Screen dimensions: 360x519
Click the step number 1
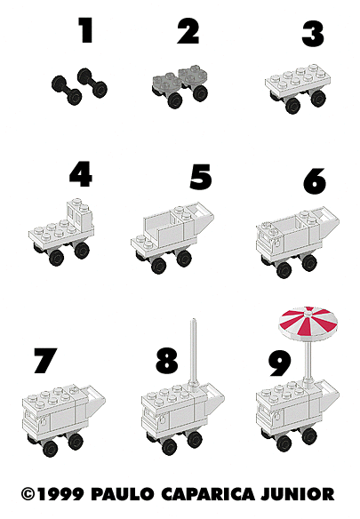(85, 30)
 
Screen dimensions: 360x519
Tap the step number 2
(188, 31)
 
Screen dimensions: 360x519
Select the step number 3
(313, 34)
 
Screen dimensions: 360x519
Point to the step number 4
(81, 174)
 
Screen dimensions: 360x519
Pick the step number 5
(201, 177)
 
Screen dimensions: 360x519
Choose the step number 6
(315, 180)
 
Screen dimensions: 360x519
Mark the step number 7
(45, 361)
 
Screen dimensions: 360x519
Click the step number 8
(167, 360)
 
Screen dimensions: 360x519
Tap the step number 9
(280, 363)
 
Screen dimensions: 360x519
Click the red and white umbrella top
(308, 323)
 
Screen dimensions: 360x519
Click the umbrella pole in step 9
(308, 362)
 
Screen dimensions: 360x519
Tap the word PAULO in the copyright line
(122, 494)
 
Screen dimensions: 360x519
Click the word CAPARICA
(208, 494)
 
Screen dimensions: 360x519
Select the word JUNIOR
(298, 494)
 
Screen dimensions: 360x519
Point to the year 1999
(60, 494)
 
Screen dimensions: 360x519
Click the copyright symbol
(28, 494)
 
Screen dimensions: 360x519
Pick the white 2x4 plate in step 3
(298, 81)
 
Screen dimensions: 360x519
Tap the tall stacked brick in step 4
(80, 214)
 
